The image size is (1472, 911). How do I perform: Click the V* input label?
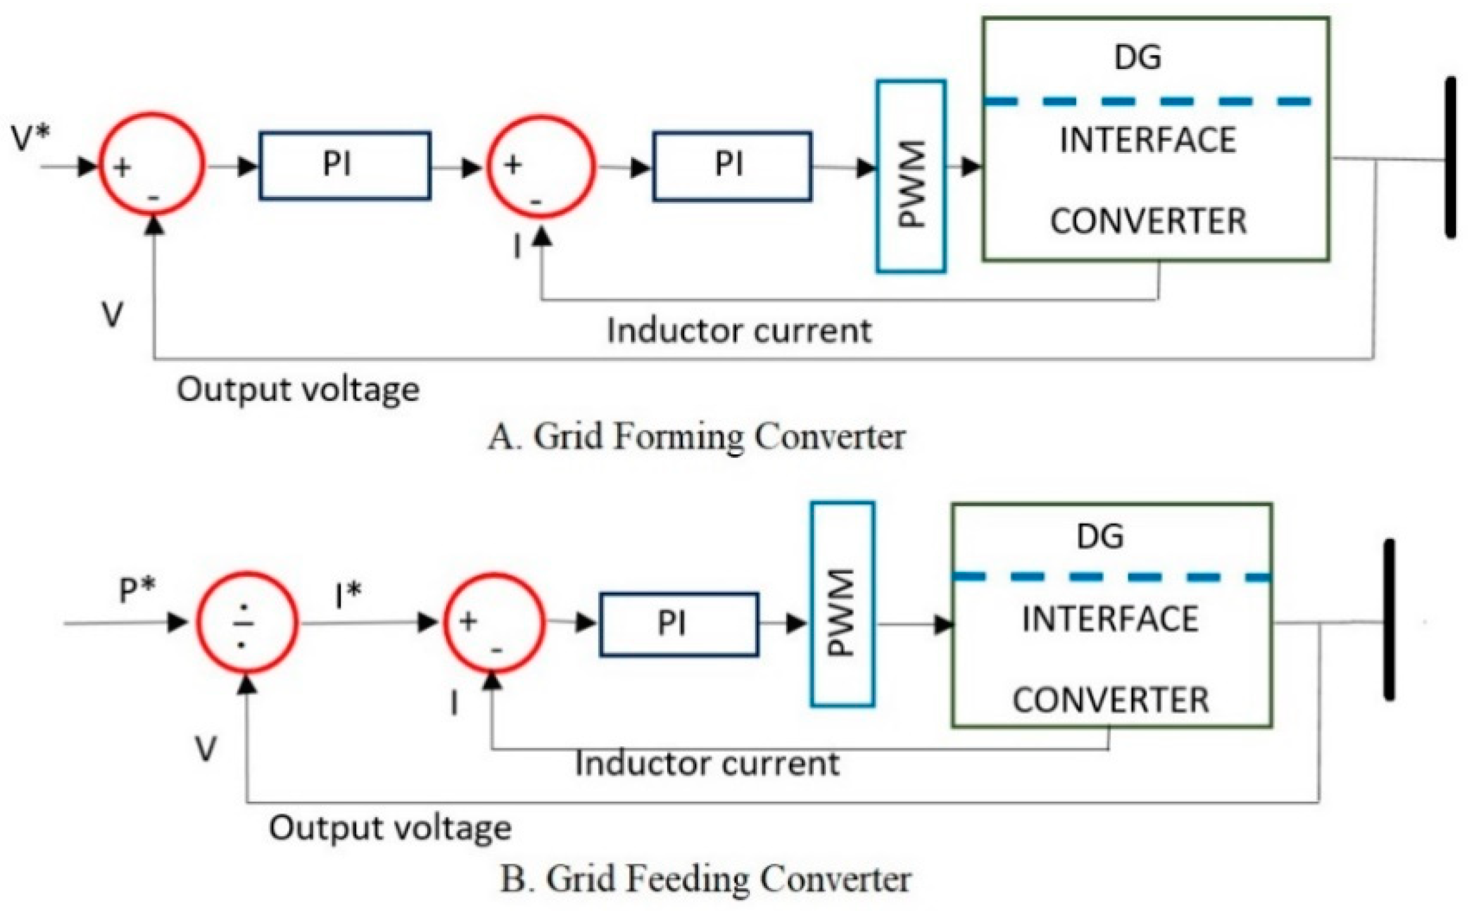click(x=30, y=138)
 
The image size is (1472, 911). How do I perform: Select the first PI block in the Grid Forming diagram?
click(x=345, y=165)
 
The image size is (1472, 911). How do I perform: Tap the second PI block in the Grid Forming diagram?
click(x=732, y=166)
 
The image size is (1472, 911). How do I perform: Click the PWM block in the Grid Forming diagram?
click(x=911, y=176)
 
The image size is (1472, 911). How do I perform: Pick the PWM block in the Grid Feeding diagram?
click(x=842, y=603)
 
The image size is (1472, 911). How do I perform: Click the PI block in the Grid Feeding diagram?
click(x=678, y=624)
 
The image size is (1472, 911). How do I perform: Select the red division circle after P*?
click(x=247, y=623)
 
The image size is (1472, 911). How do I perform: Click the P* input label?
click(x=137, y=590)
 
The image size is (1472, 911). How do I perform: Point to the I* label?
click(x=347, y=595)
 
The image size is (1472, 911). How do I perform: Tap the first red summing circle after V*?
click(x=152, y=165)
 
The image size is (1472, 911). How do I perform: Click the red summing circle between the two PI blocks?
click(x=541, y=166)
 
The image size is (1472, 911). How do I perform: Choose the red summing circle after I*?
click(x=494, y=623)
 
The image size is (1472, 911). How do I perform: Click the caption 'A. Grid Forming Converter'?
click(x=696, y=437)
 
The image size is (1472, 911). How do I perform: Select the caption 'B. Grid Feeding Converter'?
click(x=706, y=879)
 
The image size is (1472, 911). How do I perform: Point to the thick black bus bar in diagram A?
click(x=1450, y=158)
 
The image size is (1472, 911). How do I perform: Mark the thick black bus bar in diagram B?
click(x=1389, y=620)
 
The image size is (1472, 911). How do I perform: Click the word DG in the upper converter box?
click(x=1137, y=57)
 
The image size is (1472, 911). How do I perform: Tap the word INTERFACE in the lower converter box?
click(x=1110, y=619)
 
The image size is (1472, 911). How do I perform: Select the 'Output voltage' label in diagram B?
click(x=390, y=828)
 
